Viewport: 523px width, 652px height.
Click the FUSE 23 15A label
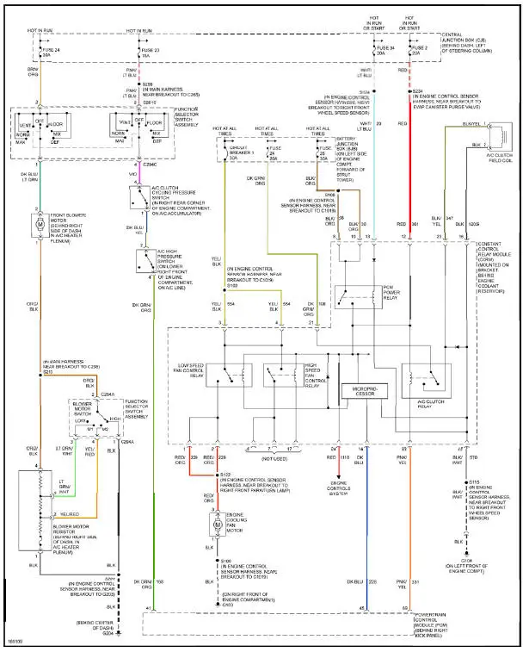(x=150, y=53)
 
